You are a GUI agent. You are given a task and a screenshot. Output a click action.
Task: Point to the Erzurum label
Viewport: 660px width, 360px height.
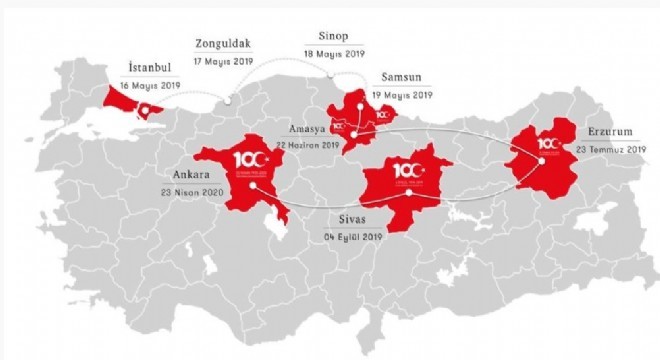pyautogui.click(x=603, y=131)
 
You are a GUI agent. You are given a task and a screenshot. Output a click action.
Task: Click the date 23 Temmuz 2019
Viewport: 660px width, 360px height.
pyautogui.click(x=611, y=149)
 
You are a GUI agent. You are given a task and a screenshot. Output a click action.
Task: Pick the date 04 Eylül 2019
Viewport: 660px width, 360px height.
pyautogui.click(x=355, y=237)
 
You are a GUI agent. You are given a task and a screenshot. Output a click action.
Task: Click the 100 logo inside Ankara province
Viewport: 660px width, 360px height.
pyautogui.click(x=245, y=160)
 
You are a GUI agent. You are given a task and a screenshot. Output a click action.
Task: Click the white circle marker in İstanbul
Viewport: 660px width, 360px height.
pyautogui.click(x=146, y=110)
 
